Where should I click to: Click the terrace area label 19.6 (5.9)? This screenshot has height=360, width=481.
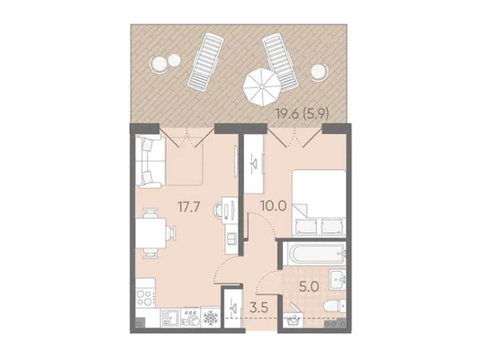302,114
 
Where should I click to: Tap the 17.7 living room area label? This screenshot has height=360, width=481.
189,206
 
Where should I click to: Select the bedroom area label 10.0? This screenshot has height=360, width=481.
273,205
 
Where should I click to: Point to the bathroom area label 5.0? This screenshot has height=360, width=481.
310,287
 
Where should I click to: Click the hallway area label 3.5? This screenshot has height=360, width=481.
259,307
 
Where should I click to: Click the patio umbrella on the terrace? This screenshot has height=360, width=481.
262,86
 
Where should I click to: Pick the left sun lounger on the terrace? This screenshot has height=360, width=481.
204,62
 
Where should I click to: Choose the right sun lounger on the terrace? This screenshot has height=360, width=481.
280,63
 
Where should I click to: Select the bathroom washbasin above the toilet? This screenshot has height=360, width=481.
338,278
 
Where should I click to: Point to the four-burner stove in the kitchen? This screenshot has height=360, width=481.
145,297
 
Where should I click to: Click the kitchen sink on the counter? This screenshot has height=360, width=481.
170,318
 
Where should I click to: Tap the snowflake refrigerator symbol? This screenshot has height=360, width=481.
211,318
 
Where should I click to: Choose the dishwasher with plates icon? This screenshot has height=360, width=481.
190,318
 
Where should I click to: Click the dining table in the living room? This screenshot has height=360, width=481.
150,233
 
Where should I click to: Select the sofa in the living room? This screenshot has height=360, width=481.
149,161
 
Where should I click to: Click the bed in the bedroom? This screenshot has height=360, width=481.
319,202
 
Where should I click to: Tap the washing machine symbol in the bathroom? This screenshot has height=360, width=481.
293,320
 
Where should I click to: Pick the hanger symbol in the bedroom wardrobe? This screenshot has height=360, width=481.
254,165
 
